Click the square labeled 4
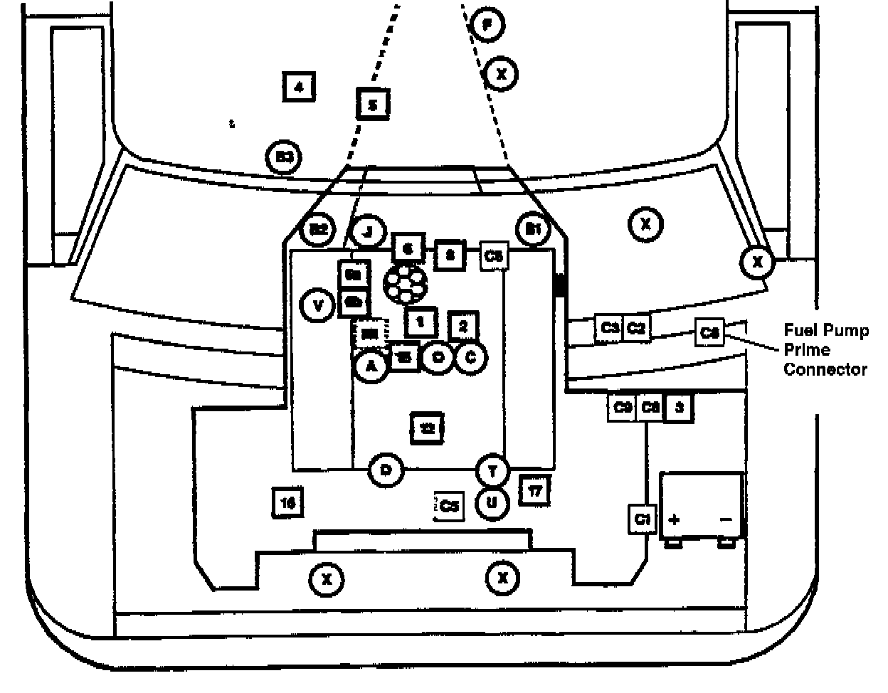(x=299, y=88)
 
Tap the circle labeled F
(x=487, y=26)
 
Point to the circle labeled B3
(x=285, y=158)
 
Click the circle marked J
(x=368, y=231)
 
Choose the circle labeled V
(x=318, y=306)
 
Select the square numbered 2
(x=463, y=327)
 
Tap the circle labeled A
(x=370, y=366)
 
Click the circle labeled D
(x=386, y=470)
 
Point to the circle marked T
(x=492, y=471)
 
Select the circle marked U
(x=492, y=503)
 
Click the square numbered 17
(x=534, y=490)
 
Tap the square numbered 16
(x=288, y=502)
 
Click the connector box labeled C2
(x=636, y=329)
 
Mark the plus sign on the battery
(x=674, y=519)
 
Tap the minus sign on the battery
(x=726, y=519)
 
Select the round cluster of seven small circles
(x=403, y=284)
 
